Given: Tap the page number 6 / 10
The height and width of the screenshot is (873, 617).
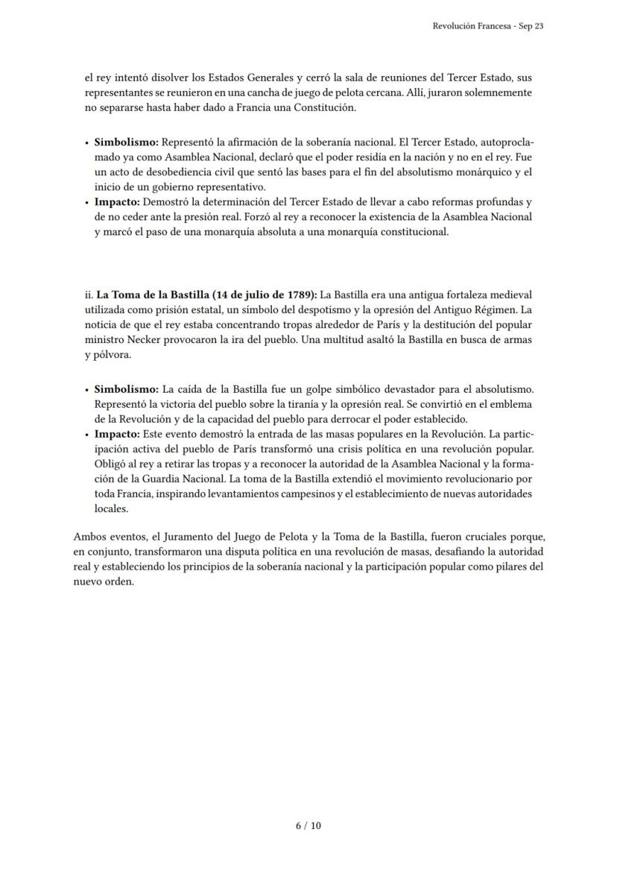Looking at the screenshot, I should coord(308,825).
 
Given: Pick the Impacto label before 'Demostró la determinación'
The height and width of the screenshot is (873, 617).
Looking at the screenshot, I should coord(117,202).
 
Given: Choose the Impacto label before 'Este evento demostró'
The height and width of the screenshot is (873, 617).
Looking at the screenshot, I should coord(117,433).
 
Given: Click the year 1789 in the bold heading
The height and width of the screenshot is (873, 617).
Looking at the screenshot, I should coord(298,294).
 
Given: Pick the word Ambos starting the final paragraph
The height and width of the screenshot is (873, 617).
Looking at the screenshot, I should coord(89,536).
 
